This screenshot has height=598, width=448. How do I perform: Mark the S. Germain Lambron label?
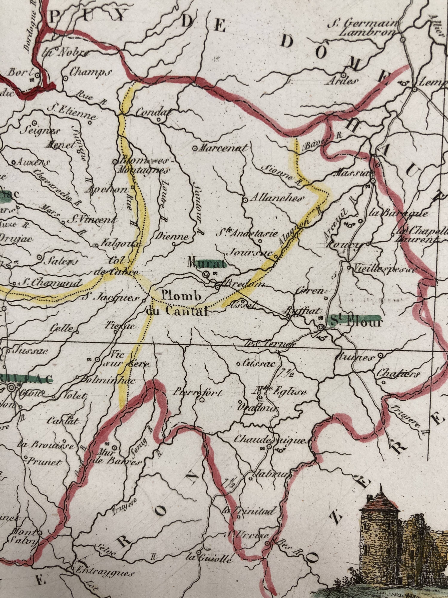pos(363,28)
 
